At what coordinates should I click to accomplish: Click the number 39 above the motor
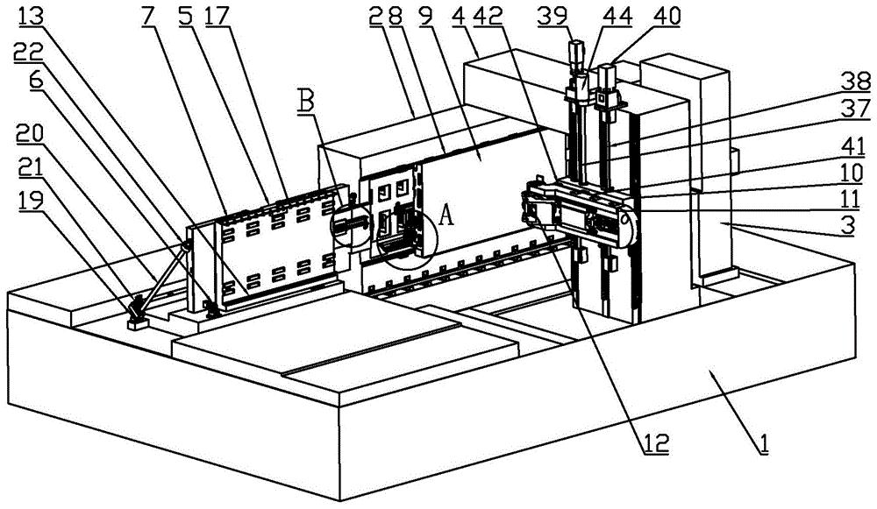(x=552, y=17)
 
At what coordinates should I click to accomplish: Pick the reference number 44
(x=617, y=17)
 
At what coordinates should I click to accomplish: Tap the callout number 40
(x=667, y=17)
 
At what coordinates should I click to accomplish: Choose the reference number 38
(x=857, y=82)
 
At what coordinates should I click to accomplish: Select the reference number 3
(x=848, y=225)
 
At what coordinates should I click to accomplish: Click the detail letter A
(x=446, y=215)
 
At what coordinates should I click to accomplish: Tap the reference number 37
(x=857, y=109)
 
